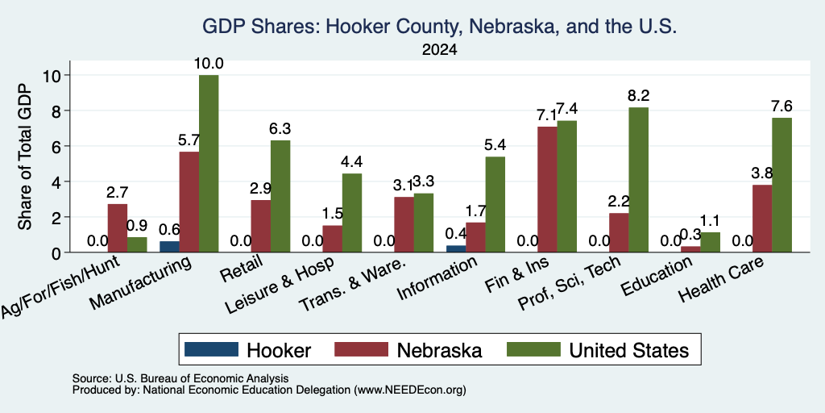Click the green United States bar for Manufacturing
pos(209,163)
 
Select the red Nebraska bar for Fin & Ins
pos(547,189)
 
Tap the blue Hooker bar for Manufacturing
pos(169,247)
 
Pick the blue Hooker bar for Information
pos(456,248)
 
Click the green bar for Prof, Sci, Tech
pos(639,180)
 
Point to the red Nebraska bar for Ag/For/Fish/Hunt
pos(118,228)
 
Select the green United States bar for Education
pos(711,242)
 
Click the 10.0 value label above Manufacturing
pos(209,65)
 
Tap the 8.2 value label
pos(639,96)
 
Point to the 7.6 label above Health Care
pos(781,106)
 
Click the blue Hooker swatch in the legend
pos(211,349)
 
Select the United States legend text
pos(628,350)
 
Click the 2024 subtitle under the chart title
pos(439,50)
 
